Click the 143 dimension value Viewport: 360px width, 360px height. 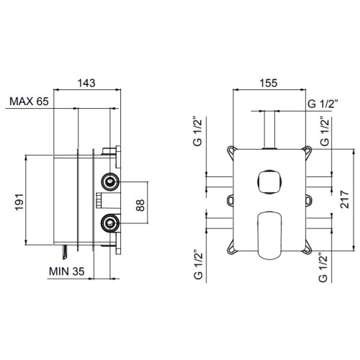coord(86,83)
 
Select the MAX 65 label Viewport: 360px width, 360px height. coord(29,102)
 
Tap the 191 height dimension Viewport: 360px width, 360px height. coord(19,202)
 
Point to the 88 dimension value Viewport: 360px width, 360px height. coord(140,205)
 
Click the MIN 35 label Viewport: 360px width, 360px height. coord(67,271)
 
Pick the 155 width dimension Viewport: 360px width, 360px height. coord(269,83)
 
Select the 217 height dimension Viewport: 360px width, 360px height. coord(344,199)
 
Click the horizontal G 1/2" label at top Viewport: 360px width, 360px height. coord(323,104)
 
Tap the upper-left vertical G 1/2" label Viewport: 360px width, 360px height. coord(198,132)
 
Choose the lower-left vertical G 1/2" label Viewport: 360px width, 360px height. coord(198,265)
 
